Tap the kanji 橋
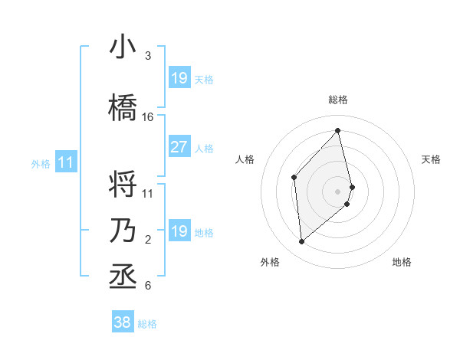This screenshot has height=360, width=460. point(123,107)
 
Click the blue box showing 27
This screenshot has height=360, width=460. point(179,147)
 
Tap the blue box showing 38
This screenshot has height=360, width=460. point(123,322)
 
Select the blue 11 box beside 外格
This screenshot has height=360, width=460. point(66,162)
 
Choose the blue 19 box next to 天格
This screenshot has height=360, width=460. point(179,78)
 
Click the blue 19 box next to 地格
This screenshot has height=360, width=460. point(179,231)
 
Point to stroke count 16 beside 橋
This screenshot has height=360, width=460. point(148,117)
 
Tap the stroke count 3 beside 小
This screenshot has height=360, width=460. point(148,56)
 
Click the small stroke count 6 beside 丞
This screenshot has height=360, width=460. point(148,286)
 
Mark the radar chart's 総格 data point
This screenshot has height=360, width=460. point(337,131)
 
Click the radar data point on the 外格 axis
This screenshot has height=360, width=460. point(302,242)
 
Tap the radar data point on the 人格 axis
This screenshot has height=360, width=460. point(294,178)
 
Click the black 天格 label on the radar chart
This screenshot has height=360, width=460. point(432,159)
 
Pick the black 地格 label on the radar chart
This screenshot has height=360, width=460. point(402,262)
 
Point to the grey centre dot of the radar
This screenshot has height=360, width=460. point(337,191)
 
